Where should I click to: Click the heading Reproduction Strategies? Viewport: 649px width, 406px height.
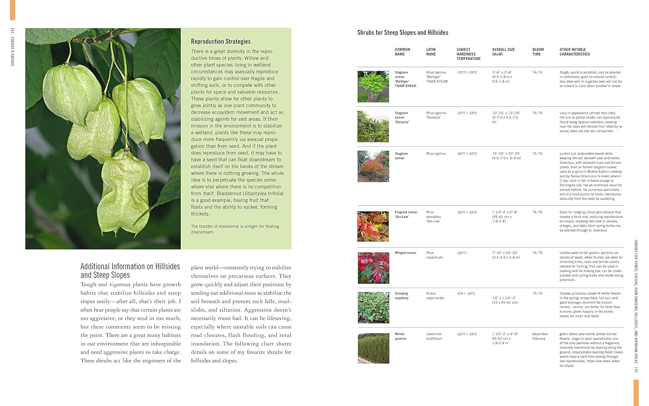[221, 42]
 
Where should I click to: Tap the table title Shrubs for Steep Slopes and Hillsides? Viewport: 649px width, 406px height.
[402, 32]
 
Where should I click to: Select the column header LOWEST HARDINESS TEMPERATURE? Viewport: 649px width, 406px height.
[468, 54]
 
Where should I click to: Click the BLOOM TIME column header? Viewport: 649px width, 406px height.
[538, 52]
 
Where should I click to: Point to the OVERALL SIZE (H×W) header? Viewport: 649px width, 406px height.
[503, 52]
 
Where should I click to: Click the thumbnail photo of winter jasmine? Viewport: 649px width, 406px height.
[373, 348]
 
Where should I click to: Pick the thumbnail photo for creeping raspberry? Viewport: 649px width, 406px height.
[373, 307]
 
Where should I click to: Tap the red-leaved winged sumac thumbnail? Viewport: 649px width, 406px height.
[373, 268]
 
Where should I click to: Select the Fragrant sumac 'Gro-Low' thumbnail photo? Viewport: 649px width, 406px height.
[373, 226]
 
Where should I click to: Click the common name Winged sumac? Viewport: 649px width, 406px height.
[405, 253]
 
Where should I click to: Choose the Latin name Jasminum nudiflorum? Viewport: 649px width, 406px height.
[434, 336]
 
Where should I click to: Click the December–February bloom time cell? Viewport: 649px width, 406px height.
[540, 336]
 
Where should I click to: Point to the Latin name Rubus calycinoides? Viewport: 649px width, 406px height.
[435, 296]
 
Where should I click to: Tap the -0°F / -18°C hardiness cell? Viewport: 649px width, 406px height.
[466, 294]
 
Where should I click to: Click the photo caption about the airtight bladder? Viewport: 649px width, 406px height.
[235, 229]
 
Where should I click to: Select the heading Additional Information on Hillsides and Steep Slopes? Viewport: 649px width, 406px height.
[130, 271]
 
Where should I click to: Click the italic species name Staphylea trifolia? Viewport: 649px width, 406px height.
[263, 194]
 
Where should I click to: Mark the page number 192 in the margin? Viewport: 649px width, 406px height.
[13, 31]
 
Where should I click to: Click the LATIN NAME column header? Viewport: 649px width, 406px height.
[431, 52]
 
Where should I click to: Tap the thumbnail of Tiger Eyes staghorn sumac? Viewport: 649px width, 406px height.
[373, 86]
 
